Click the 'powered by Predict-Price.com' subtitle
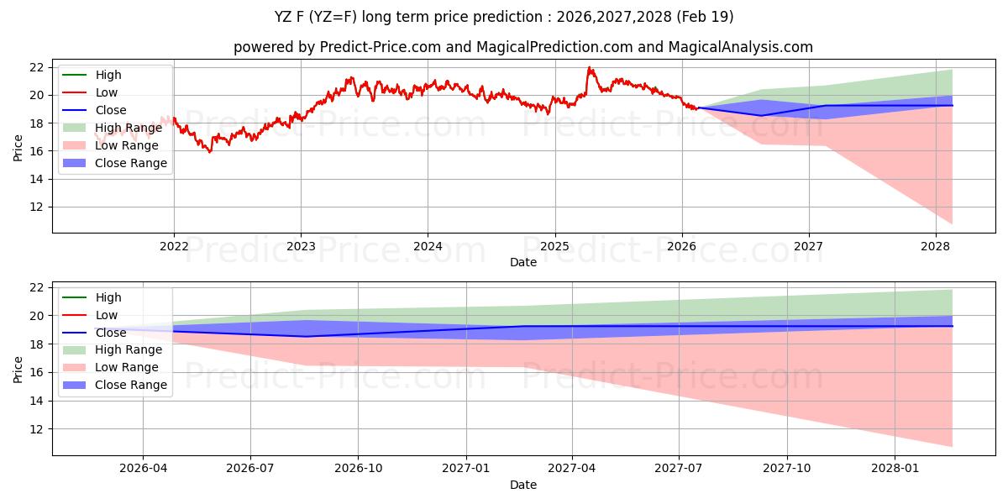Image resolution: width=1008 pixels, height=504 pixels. click(x=522, y=47)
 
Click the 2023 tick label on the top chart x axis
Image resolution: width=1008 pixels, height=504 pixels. click(x=301, y=246)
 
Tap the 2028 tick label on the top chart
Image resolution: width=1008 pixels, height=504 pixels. click(x=935, y=246)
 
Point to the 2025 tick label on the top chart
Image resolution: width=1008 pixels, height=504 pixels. click(x=554, y=246)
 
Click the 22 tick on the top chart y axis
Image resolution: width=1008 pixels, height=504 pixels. click(x=36, y=67)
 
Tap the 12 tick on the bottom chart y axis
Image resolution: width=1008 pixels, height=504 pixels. click(x=36, y=428)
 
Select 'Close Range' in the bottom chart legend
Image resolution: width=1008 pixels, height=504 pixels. click(x=131, y=385)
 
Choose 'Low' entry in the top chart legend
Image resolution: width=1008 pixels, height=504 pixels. click(x=107, y=92)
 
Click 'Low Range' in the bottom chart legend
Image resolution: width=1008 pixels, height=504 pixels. click(x=127, y=367)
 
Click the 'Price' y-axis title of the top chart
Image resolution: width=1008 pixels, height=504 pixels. click(x=18, y=147)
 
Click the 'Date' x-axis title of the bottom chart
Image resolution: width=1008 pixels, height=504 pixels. click(x=522, y=486)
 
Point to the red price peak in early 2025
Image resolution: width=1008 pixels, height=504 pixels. click(x=589, y=67)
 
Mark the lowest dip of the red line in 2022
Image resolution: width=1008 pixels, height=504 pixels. click(x=209, y=152)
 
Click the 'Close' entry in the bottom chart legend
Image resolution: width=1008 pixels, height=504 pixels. click(x=111, y=333)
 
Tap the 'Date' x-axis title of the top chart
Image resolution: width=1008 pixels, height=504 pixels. click(x=522, y=262)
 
